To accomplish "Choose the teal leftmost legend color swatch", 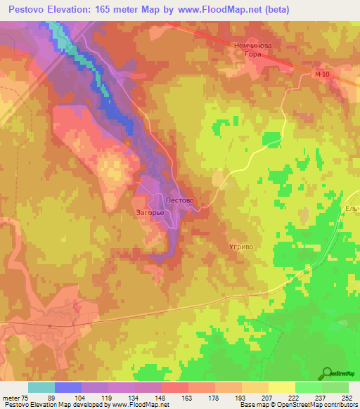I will (41, 387).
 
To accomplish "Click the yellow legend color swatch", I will (282, 387).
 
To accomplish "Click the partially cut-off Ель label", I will (352, 209).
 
